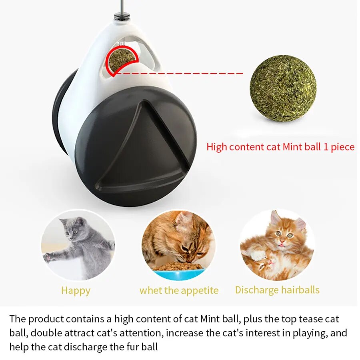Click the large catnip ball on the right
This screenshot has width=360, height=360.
click(283, 88)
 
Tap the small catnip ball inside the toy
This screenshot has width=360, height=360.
click(122, 58)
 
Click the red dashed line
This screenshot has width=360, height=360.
click(180, 73)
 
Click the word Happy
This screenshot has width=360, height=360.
click(76, 291)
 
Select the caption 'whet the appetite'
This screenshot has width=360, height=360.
click(179, 290)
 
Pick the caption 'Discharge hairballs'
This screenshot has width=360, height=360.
click(277, 290)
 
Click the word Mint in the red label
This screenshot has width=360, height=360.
click(293, 147)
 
